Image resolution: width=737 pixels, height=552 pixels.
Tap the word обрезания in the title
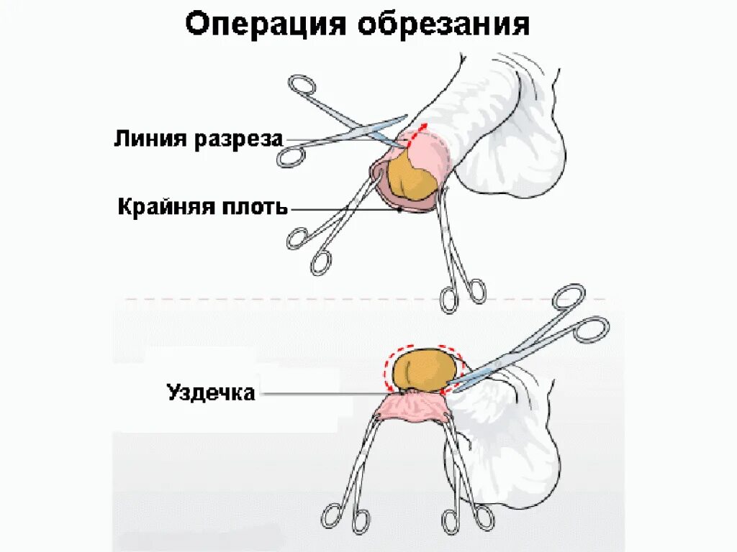[443, 25]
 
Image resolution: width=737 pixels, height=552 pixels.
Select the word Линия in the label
[148, 139]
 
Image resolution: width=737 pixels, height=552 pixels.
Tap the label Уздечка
[211, 392]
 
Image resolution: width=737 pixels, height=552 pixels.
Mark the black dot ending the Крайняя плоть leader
[400, 210]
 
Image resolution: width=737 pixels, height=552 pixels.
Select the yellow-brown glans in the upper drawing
[410, 178]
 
